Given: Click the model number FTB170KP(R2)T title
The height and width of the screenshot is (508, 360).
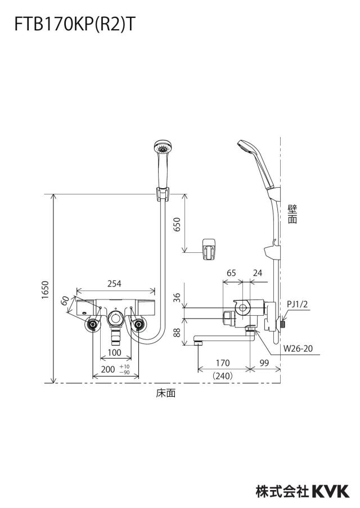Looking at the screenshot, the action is (x=74, y=24).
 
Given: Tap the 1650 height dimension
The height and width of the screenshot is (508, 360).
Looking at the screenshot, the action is (x=45, y=290).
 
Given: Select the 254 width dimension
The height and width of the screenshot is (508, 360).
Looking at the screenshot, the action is (x=114, y=283).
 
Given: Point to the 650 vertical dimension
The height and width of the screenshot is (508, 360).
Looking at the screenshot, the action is (x=177, y=224).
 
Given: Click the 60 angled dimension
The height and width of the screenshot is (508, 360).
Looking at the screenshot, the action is (x=65, y=301).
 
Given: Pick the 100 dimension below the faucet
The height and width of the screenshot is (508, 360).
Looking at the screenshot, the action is (x=114, y=352).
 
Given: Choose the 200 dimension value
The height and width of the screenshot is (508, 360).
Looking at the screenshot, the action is (x=108, y=369).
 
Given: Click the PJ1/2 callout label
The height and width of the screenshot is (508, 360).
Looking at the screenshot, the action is (x=297, y=304).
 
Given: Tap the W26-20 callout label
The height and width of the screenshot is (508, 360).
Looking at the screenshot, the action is (x=298, y=348).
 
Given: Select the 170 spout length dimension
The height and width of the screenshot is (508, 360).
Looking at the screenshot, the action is (x=223, y=362).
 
